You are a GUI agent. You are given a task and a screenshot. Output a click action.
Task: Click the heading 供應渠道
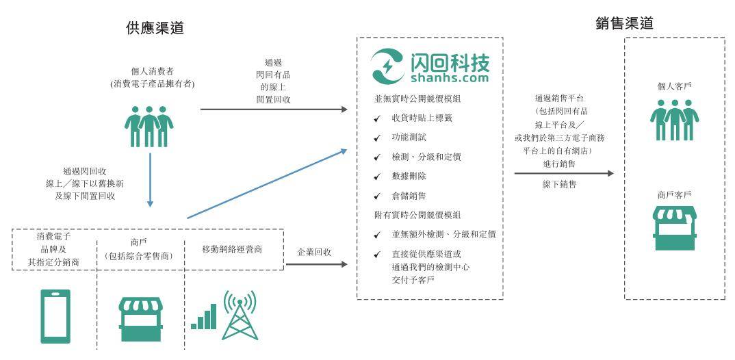point(155,28)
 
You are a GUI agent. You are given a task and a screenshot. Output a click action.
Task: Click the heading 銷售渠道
point(624,23)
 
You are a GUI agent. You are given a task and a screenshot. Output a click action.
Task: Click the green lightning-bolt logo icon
point(388,66)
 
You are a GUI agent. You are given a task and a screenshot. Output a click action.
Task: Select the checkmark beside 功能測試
point(377,138)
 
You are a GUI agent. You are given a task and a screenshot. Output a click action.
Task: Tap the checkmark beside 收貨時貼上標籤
point(377,118)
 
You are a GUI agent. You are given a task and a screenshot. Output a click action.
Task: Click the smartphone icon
point(55,316)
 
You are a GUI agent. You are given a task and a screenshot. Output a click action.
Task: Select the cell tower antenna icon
point(240,315)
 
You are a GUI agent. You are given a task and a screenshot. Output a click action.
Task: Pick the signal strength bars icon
point(203,316)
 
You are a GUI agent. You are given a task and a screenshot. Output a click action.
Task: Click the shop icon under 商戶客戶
point(675,229)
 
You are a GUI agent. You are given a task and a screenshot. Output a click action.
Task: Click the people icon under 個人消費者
point(149,126)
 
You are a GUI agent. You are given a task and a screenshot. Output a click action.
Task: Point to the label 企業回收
point(315,252)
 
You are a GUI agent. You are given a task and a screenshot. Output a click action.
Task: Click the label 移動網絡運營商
point(232,249)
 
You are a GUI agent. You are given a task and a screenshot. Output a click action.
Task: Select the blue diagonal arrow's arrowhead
point(344,151)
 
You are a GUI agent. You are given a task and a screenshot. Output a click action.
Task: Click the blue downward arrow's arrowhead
point(150,203)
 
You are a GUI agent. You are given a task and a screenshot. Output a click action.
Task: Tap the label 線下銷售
point(559,184)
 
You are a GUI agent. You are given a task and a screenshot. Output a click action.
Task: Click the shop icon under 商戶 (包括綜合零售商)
point(140,319)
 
